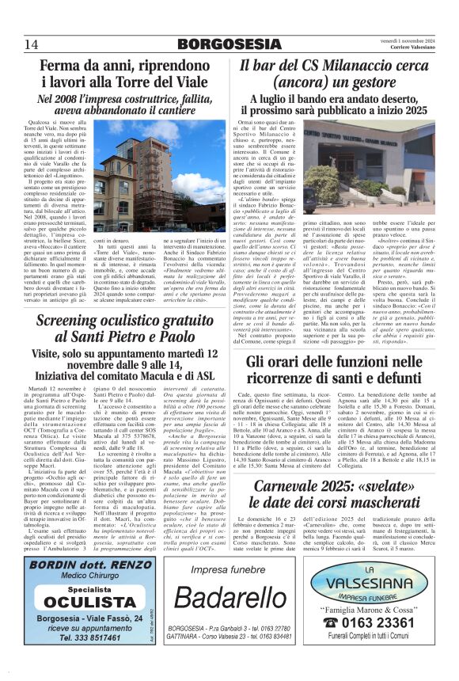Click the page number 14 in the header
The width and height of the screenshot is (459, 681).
[32, 44]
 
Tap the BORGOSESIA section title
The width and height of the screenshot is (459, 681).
[229, 44]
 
